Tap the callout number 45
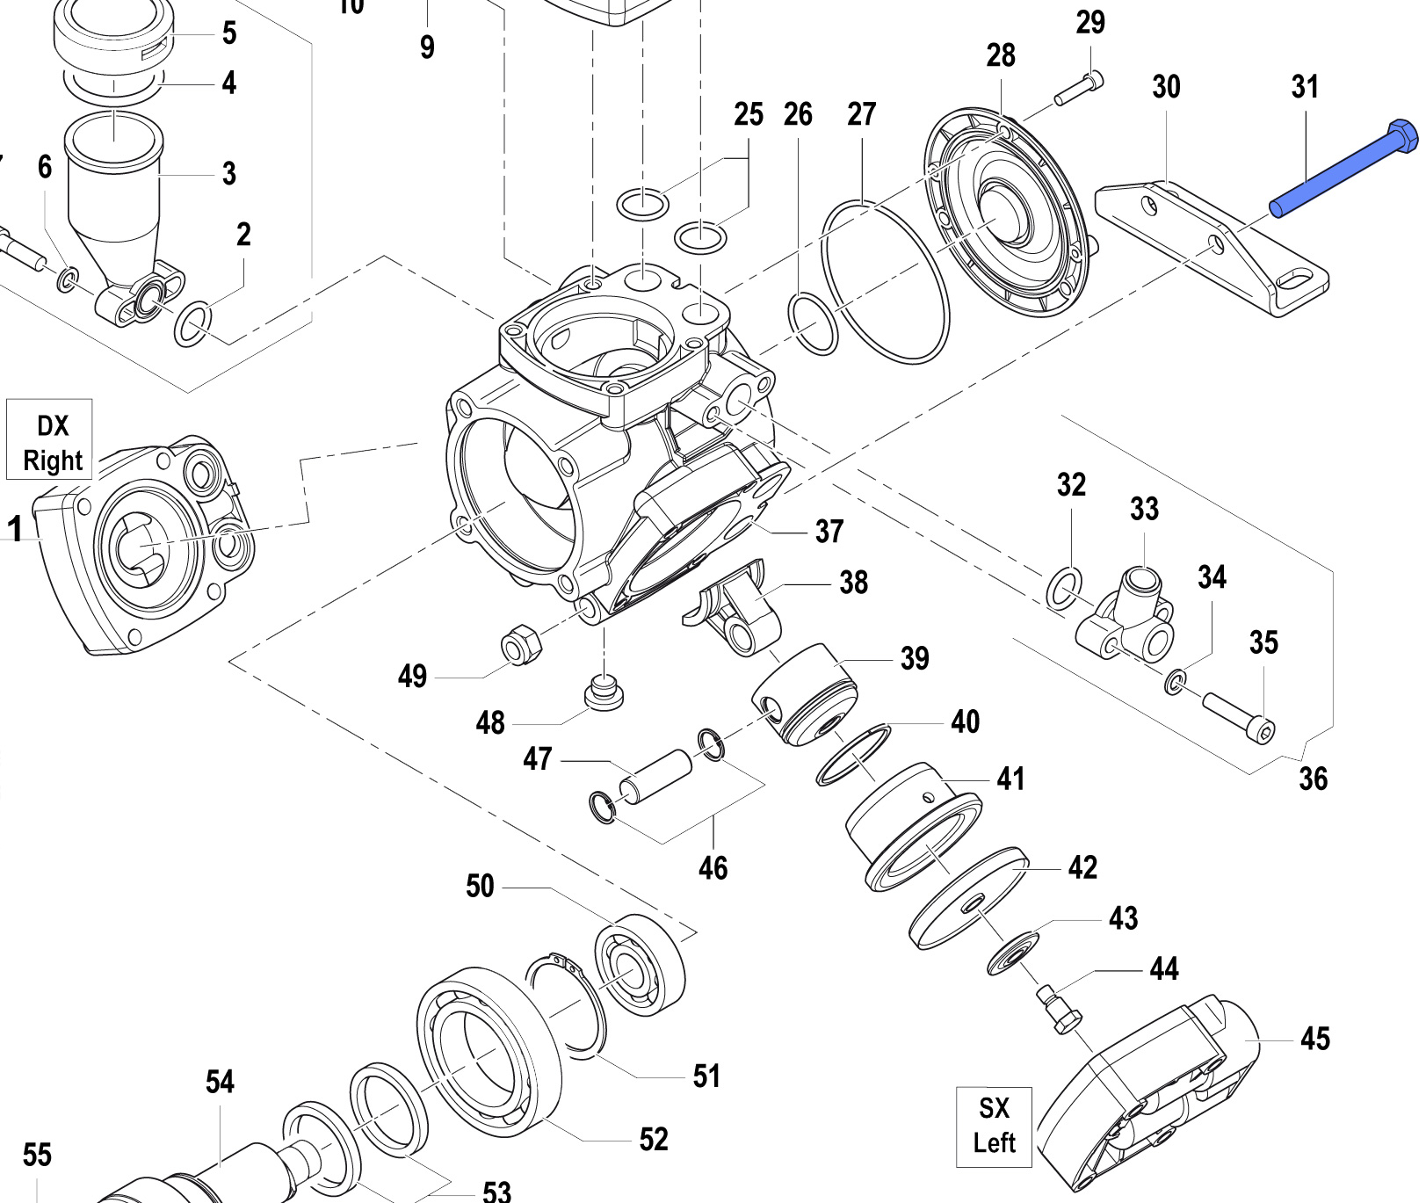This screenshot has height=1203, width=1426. (1314, 1039)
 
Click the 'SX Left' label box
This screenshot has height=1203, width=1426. (994, 1127)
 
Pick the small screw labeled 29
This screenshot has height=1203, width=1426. (1078, 89)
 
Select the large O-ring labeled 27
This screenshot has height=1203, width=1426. (885, 280)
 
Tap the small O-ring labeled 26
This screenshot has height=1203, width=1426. (814, 324)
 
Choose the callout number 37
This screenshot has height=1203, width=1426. (829, 532)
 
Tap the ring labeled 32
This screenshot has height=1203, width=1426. (1065, 588)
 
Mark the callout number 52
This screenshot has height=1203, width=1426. (653, 1140)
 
